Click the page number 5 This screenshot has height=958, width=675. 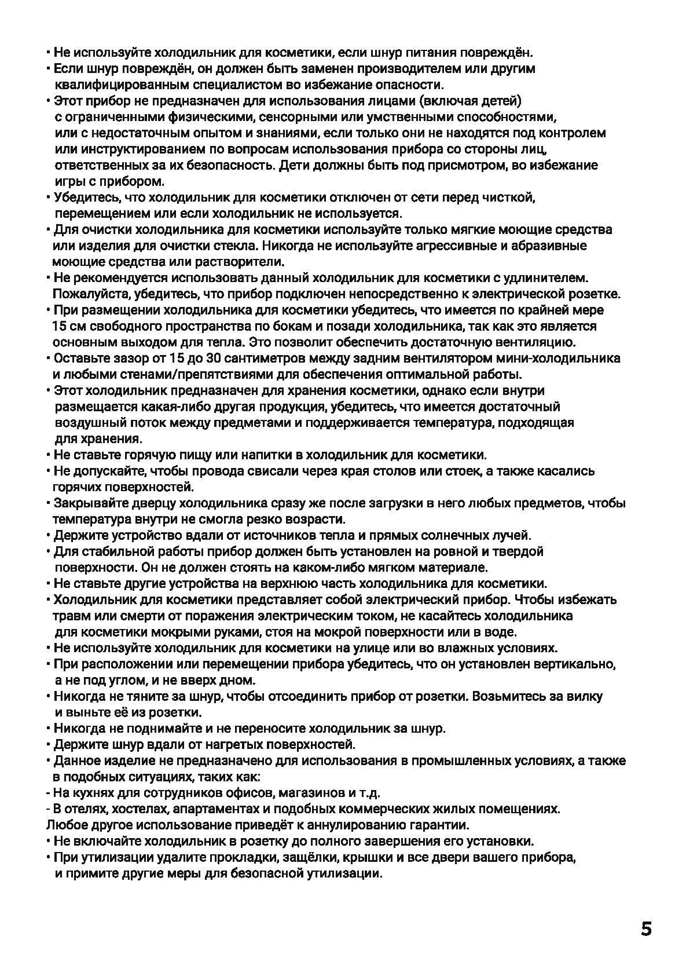tap(646, 929)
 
